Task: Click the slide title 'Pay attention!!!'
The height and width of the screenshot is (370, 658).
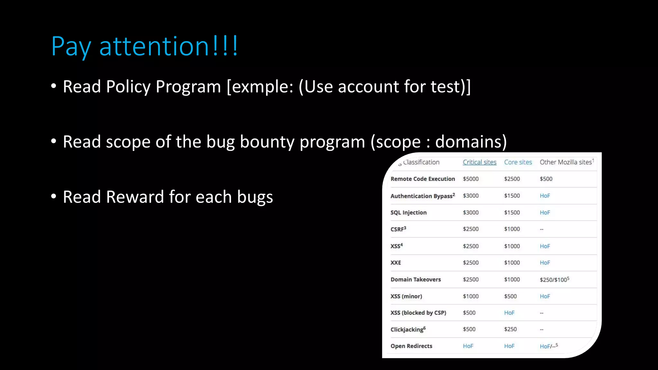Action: click(x=145, y=46)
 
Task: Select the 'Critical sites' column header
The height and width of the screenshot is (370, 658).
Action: click(x=479, y=162)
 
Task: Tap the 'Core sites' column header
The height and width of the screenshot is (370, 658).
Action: click(x=518, y=162)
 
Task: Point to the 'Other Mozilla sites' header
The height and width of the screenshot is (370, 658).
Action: click(x=566, y=162)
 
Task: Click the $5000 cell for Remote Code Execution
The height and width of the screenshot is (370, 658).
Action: click(x=471, y=179)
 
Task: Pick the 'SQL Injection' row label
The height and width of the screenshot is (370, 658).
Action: click(x=408, y=213)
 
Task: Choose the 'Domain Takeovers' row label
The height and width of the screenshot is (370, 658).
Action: click(x=415, y=279)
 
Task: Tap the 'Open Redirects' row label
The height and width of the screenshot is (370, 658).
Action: click(x=411, y=346)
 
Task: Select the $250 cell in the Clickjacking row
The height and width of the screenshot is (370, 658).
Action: click(x=510, y=329)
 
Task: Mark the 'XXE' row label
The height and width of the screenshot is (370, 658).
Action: click(x=396, y=263)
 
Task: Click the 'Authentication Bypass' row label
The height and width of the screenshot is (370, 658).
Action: click(x=422, y=196)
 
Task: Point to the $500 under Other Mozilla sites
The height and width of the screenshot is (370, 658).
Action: click(x=546, y=179)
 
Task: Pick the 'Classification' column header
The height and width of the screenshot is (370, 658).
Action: click(x=421, y=162)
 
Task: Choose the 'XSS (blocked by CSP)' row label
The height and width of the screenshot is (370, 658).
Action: click(x=418, y=313)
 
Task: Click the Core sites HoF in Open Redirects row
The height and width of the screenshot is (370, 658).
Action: click(x=509, y=346)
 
